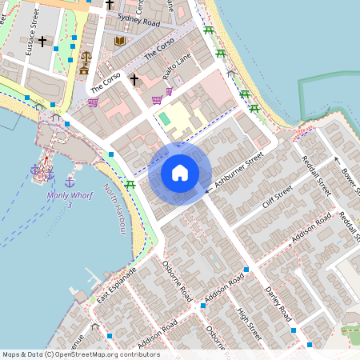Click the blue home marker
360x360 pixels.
[x=180, y=173]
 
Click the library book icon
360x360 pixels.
[x=120, y=41]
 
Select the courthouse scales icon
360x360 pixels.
[x=85, y=58]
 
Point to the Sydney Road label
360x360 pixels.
[x=138, y=19]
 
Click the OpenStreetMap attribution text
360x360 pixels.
[x=81, y=354]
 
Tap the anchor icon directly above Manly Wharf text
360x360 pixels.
[x=70, y=182]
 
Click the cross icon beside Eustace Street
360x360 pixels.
[x=42, y=40]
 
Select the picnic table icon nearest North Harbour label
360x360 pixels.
[x=130, y=185]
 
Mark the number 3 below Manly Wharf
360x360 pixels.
[x=70, y=206]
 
